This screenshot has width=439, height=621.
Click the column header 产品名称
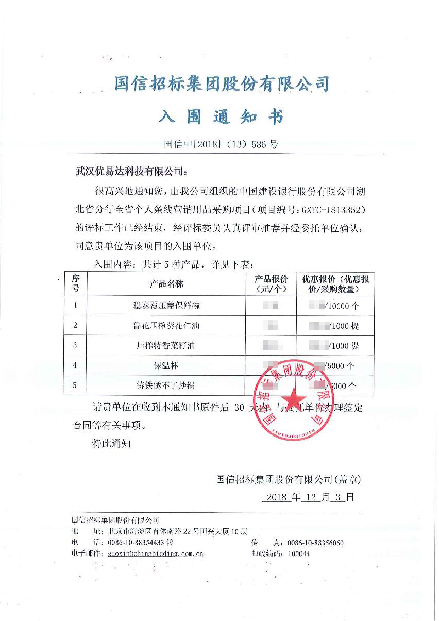(166, 284)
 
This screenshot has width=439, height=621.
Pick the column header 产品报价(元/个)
(271, 284)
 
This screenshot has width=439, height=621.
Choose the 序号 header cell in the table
(75, 284)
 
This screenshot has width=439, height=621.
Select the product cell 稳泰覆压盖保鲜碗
(166, 306)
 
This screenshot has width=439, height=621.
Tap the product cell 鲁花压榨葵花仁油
(166, 326)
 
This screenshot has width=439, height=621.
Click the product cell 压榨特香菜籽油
(166, 346)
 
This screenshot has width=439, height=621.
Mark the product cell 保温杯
(166, 366)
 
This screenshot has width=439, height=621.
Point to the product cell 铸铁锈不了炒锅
(166, 385)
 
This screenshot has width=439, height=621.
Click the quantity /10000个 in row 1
(342, 306)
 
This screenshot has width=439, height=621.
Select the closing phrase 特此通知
(111, 443)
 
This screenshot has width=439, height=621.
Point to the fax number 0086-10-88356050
(315, 543)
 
